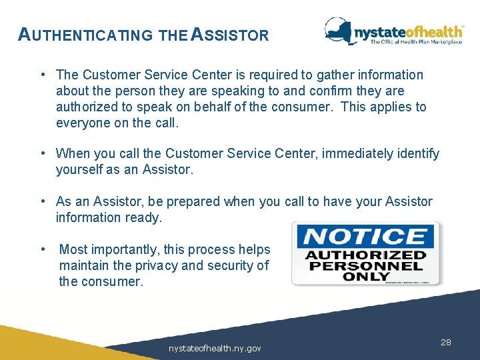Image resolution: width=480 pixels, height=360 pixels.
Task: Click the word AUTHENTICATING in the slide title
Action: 85,35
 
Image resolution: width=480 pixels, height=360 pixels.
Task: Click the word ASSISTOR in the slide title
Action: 229,35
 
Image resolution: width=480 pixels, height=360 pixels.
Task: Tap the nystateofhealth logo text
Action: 408,31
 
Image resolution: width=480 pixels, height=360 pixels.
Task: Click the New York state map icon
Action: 339,31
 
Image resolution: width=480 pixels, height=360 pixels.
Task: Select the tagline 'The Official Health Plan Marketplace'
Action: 416,42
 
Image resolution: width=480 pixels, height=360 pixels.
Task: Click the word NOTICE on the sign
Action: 365,237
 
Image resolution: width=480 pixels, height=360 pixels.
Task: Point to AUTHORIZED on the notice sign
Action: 365,255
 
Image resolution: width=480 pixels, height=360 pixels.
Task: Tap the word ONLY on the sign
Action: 365,275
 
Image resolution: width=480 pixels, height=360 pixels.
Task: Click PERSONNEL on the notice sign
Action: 365,265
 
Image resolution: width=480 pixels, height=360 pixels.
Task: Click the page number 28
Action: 446,342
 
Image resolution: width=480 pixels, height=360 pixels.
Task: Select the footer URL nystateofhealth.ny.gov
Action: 215,348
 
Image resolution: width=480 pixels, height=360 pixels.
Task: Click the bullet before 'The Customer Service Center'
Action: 42,75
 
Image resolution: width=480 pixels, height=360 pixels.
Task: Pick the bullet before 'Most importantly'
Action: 42,249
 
